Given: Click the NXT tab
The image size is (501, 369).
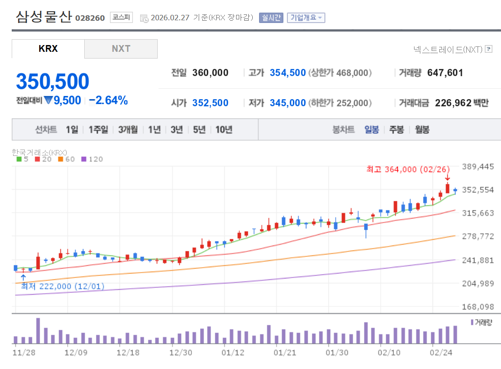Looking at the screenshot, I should (x=121, y=49).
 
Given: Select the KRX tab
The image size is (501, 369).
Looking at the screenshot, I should (x=48, y=49).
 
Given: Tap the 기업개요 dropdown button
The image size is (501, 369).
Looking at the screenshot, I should (x=306, y=18).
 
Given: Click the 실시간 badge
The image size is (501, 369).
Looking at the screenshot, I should (x=271, y=18).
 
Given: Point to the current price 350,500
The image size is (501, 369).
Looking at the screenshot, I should (x=53, y=82).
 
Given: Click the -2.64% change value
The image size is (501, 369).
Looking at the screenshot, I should (x=108, y=100).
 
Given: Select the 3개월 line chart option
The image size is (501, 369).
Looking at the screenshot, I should (x=128, y=130).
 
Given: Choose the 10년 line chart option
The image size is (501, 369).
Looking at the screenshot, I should (x=223, y=130).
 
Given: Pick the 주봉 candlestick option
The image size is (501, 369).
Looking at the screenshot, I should (x=396, y=130).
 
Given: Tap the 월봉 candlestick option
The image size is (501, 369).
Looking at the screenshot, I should (x=422, y=130).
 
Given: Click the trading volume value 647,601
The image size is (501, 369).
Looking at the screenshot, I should (x=445, y=73).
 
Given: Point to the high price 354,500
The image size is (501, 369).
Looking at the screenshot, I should (x=287, y=73).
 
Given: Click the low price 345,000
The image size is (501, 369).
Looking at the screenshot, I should (x=287, y=103).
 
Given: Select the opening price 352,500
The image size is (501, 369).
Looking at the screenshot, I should (x=210, y=103).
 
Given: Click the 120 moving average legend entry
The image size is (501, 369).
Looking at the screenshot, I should (x=92, y=159).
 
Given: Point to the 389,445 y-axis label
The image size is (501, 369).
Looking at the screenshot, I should (x=478, y=167).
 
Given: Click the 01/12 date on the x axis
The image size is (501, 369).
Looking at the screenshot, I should (x=233, y=352).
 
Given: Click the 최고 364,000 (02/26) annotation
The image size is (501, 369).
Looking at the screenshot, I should (x=408, y=169).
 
